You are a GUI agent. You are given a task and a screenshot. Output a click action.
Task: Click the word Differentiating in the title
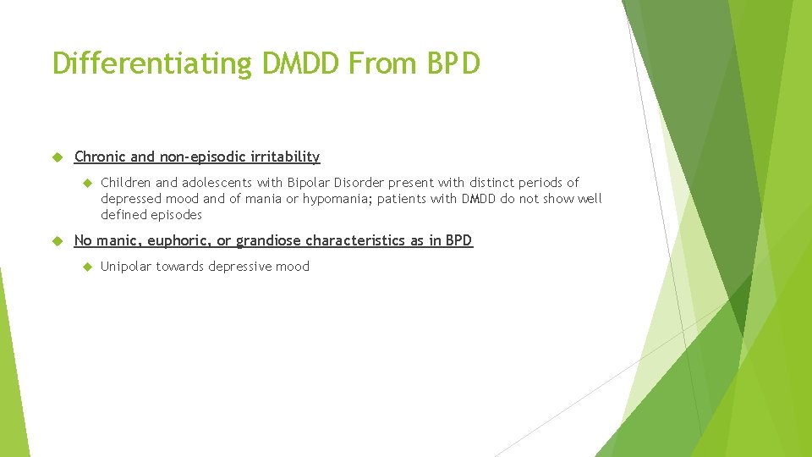click(151, 63)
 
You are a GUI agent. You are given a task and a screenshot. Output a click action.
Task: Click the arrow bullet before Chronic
click(58, 157)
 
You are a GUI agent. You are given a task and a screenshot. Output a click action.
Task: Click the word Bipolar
click(310, 183)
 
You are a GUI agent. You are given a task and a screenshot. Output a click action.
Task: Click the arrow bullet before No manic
click(58, 240)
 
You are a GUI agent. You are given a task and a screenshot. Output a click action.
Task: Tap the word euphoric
click(179, 241)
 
